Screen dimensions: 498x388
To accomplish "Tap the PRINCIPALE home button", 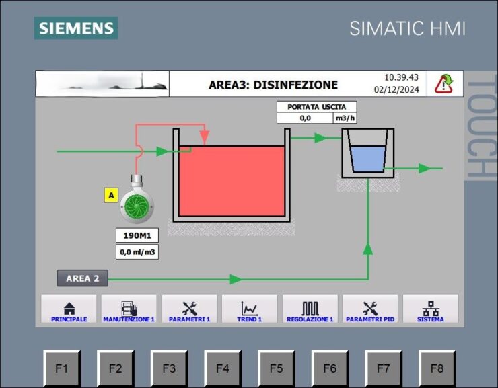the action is (x=69, y=309).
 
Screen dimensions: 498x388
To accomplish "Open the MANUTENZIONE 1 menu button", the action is (x=129, y=309).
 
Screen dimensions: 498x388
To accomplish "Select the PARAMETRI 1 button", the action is (x=189, y=309).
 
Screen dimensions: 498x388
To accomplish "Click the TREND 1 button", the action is (x=249, y=309).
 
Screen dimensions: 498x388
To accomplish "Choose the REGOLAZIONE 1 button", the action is (x=310, y=309).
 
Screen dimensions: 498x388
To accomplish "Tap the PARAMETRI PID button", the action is (x=370, y=309).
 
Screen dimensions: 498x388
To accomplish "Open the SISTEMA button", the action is (x=431, y=309).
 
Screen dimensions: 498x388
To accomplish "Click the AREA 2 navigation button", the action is (x=83, y=278).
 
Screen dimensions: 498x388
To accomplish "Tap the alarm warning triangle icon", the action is (x=443, y=84).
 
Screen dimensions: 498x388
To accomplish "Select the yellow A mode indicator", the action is (x=111, y=195).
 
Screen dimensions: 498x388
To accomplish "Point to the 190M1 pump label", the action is (x=137, y=235).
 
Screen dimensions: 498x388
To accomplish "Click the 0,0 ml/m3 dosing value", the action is (x=137, y=252).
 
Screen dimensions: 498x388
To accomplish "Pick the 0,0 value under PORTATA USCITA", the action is (x=306, y=118).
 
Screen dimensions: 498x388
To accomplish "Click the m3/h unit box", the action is (x=345, y=118).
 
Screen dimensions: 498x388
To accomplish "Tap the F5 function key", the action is (x=276, y=368).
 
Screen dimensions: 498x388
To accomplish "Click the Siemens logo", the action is (x=76, y=28).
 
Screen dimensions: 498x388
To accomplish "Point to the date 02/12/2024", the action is (x=396, y=90).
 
